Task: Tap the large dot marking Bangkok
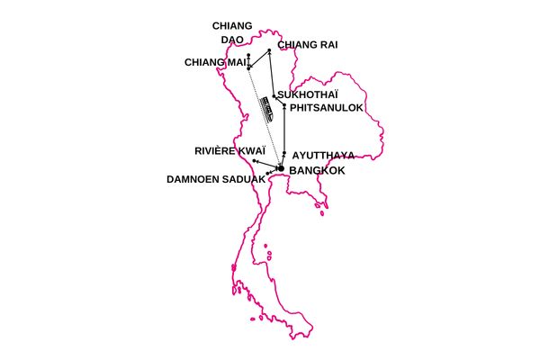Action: point(281,168)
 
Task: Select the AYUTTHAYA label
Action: point(323,155)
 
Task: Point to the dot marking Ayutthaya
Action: point(284,154)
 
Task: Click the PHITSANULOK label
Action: point(326,107)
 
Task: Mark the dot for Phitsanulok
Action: point(284,106)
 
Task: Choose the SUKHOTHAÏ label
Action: point(308,94)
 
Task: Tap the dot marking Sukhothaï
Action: point(274,95)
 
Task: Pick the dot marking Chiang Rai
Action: point(269,50)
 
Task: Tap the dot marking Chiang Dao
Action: point(247,57)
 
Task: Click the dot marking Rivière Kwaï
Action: point(255,160)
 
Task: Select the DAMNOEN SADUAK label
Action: point(216,179)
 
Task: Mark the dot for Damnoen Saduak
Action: point(268,172)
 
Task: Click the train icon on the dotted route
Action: point(268,109)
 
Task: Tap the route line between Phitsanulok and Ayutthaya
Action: point(284,130)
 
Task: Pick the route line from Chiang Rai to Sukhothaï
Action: point(271,72)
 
